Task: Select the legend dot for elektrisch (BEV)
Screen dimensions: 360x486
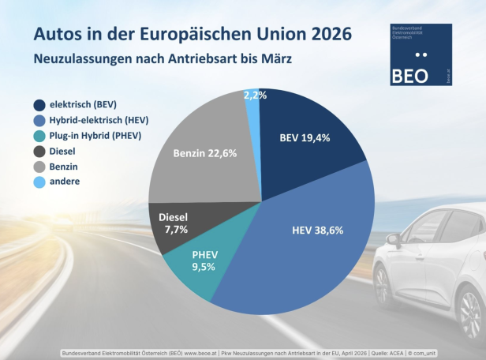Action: pyautogui.click(x=39, y=105)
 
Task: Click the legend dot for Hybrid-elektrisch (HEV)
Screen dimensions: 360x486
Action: pyautogui.click(x=39, y=120)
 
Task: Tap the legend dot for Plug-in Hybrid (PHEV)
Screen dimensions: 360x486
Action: pyautogui.click(x=39, y=136)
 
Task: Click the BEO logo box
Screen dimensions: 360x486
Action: pyautogui.click(x=421, y=54)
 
